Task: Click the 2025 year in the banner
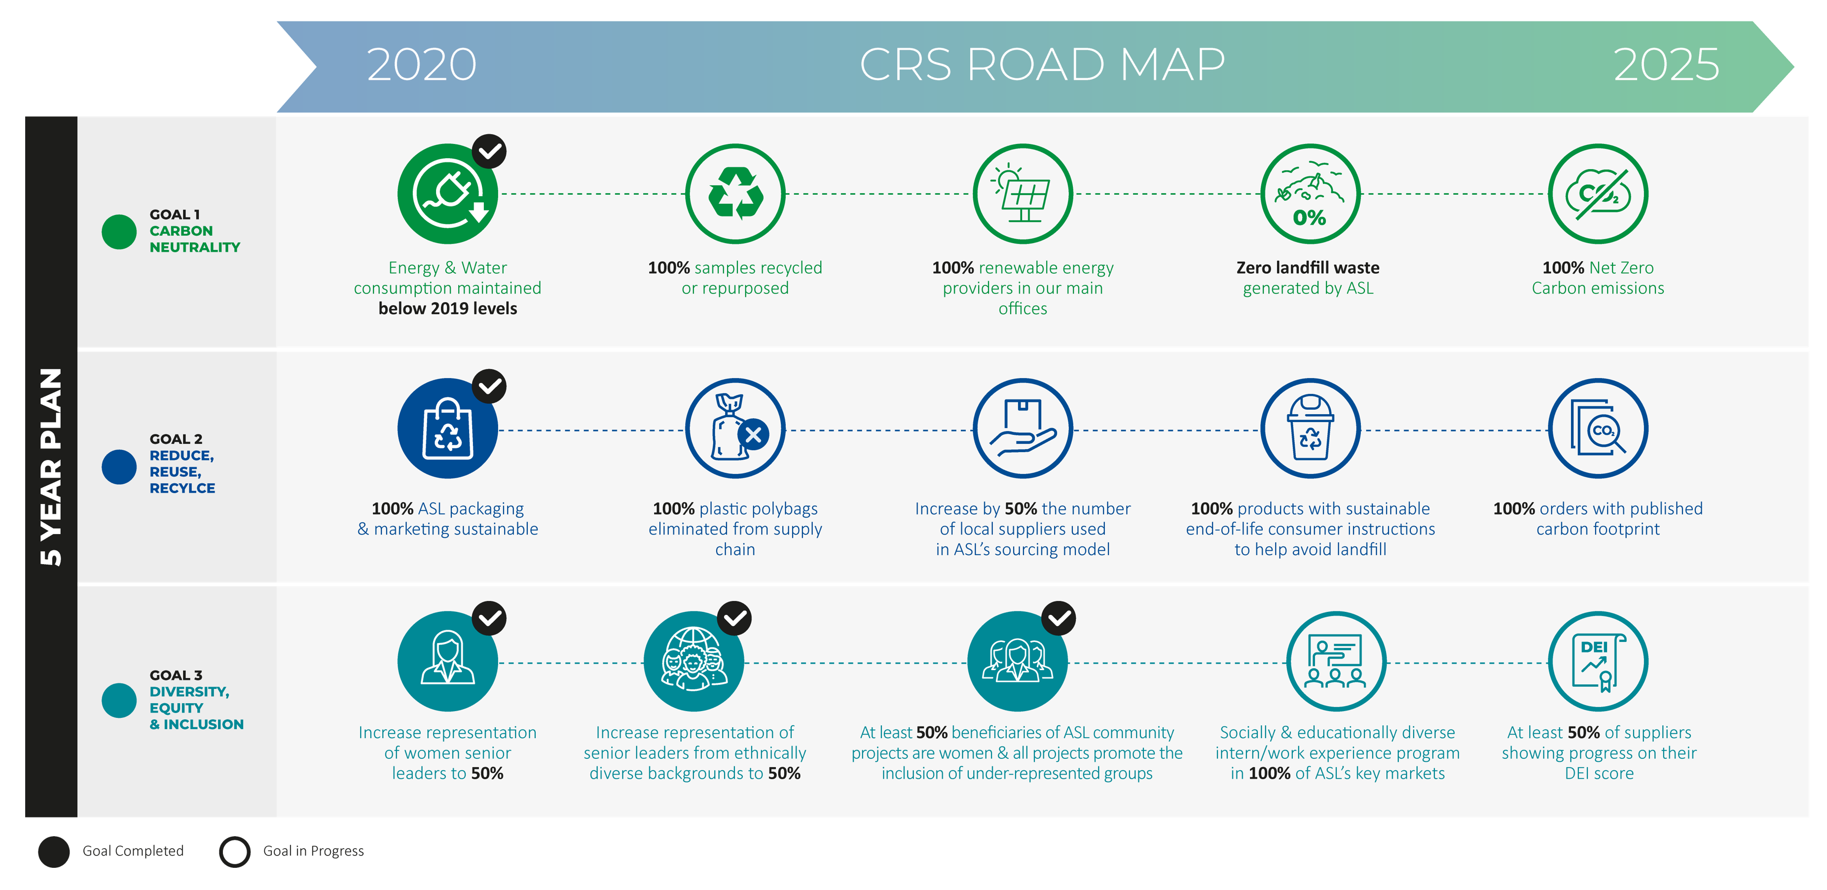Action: pyautogui.click(x=1666, y=65)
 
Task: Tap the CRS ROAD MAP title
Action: pyautogui.click(x=1042, y=65)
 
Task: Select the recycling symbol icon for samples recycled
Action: pyautogui.click(x=735, y=194)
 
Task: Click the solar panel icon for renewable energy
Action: pyautogui.click(x=1023, y=194)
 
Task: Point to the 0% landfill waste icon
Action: pyautogui.click(x=1310, y=194)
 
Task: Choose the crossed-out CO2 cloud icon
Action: pyautogui.click(x=1598, y=194)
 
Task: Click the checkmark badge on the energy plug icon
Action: pyautogui.click(x=489, y=151)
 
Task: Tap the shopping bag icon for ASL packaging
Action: pyautogui.click(x=447, y=429)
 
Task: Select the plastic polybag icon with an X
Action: pyautogui.click(x=735, y=429)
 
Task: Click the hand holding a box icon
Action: pyautogui.click(x=1023, y=429)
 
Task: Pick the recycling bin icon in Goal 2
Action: pyautogui.click(x=1310, y=429)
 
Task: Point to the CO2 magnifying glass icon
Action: pyautogui.click(x=1598, y=429)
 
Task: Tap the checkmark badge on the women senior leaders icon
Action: pyautogui.click(x=489, y=618)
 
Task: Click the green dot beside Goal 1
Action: pyautogui.click(x=119, y=232)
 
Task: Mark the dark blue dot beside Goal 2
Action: pyautogui.click(x=119, y=467)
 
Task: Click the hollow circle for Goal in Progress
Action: pyautogui.click(x=235, y=852)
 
